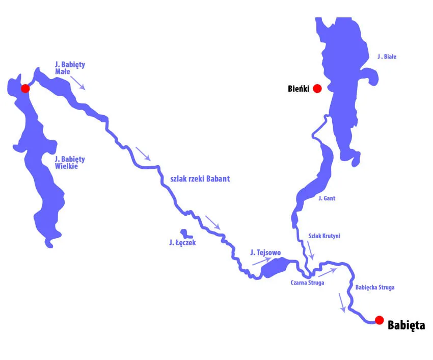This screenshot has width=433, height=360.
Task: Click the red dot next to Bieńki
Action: [317, 88]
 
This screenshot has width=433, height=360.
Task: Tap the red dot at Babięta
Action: [379, 320]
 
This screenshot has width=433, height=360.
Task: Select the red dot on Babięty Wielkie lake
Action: [25, 88]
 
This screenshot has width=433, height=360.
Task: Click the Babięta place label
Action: [406, 325]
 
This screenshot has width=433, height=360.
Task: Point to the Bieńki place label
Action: [297, 89]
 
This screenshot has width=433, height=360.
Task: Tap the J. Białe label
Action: [387, 57]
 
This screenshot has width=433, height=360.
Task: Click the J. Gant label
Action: [326, 198]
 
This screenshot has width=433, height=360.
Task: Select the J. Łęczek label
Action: [182, 243]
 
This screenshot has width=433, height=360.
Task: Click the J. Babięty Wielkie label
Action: [70, 162]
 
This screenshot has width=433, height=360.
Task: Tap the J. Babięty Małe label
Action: [70, 68]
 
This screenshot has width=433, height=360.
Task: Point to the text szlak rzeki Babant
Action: [200, 178]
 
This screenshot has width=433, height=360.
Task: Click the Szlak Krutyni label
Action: [324, 236]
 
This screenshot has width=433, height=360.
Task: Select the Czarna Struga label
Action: [307, 282]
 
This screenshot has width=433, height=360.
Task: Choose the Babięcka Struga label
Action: [374, 288]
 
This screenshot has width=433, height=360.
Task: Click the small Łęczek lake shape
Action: [187, 234]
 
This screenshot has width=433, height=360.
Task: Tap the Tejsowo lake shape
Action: [276, 267]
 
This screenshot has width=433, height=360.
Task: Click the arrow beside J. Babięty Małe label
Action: [77, 82]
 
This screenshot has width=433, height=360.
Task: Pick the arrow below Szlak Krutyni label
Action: [310, 250]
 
